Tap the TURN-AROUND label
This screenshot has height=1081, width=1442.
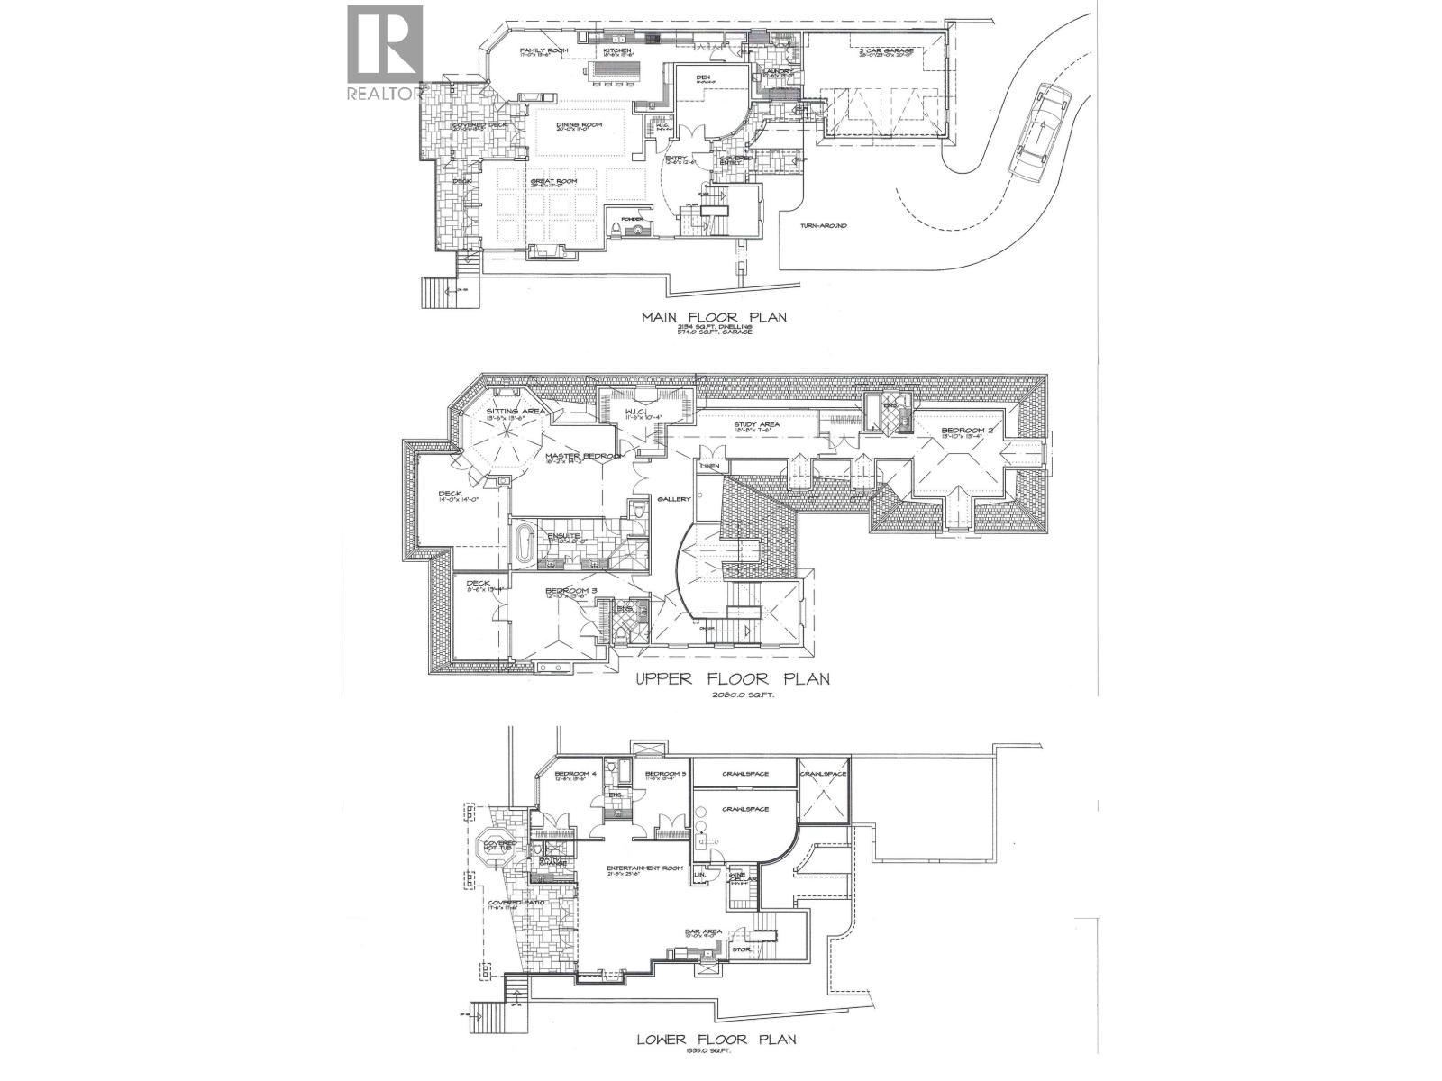coord(821,225)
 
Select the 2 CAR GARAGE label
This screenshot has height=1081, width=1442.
coord(887,50)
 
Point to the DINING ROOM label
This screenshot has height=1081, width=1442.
coord(578,125)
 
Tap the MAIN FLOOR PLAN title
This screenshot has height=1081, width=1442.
coord(714,316)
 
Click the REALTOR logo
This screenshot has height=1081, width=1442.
coord(384,52)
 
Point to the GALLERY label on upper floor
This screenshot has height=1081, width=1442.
coord(673,498)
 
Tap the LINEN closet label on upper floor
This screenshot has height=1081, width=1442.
coord(709,466)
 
